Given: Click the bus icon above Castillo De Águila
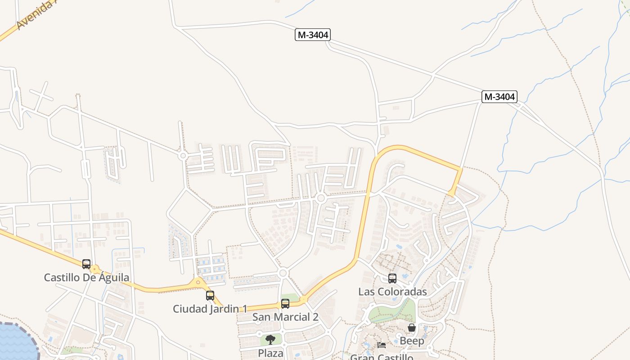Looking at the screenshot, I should click(86, 264).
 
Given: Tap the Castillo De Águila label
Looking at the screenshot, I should click(86, 278).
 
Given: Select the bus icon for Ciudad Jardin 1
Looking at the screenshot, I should click(210, 296).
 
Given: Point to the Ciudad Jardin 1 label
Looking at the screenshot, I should click(210, 309).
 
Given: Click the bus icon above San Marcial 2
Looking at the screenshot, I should click(285, 304).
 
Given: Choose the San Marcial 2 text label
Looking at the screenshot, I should click(285, 317).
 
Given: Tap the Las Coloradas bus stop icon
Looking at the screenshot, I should click(392, 279).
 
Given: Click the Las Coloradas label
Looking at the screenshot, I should click(392, 292).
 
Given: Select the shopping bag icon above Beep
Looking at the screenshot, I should click(412, 328).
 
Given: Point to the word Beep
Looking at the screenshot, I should click(412, 341).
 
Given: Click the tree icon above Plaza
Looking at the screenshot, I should click(270, 340).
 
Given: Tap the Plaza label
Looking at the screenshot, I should click(270, 353).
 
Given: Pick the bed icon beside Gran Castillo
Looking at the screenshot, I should click(382, 346).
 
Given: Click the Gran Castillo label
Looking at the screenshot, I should click(382, 356).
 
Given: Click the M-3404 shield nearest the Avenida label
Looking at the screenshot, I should click(313, 35).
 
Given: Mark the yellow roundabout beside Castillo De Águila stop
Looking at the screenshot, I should click(94, 270).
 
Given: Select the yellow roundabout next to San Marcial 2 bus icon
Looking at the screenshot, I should click(303, 299).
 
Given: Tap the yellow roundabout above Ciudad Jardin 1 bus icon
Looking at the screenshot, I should click(198, 283).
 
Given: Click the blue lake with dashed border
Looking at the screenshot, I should click(16, 342).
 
